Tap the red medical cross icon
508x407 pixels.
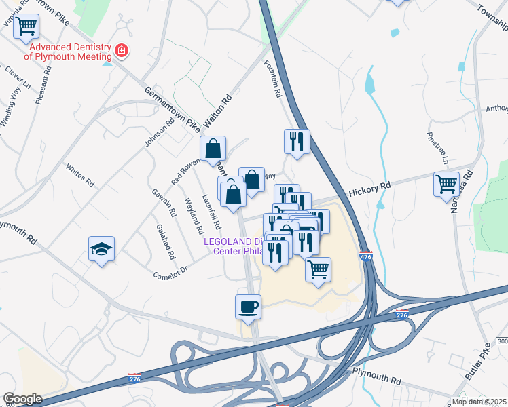tap(122, 50)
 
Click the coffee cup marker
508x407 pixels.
tap(248, 306)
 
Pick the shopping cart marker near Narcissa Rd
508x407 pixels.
tap(446, 184)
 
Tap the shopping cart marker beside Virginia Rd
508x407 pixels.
tap(26, 26)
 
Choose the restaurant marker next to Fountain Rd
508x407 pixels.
tap(296, 141)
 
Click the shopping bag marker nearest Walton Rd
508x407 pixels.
tap(213, 149)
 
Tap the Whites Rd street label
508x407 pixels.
tap(79, 175)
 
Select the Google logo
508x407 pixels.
tap(22, 399)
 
